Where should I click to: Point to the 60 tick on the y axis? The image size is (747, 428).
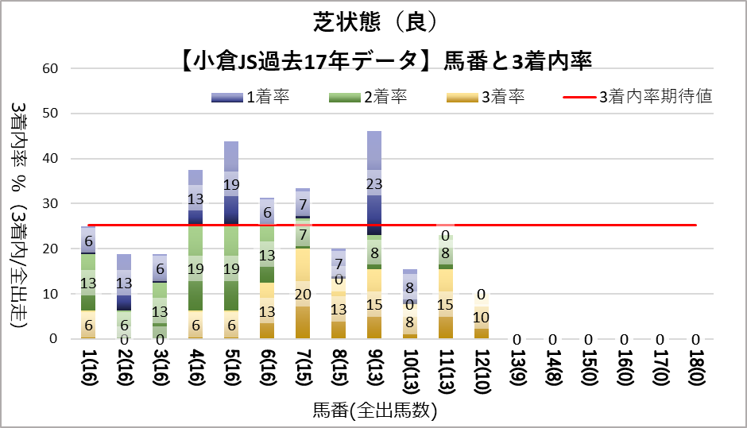(x=50, y=68)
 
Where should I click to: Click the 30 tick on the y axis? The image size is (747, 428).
(x=50, y=204)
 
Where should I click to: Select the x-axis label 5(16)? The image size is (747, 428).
(x=230, y=370)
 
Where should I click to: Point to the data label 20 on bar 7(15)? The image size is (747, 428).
(x=302, y=294)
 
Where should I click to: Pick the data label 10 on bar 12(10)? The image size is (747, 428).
(x=482, y=317)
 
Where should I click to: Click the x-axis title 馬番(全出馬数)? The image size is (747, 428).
(x=373, y=411)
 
